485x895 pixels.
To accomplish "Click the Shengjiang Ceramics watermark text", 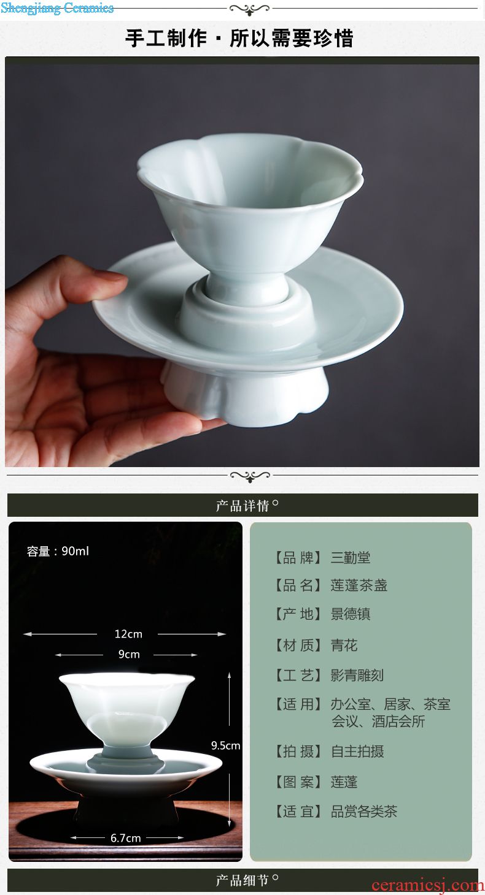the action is pos(57,8).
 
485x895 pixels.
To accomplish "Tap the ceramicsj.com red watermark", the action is pos(428,885).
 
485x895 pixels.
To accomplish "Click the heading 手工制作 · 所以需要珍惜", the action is pos(239,39).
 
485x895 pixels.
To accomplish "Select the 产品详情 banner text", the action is pos(242,506).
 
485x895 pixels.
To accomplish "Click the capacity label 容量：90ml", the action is pos(58,551).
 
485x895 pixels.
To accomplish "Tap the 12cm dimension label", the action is pos(128,634).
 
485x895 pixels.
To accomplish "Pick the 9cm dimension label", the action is pos(129,654).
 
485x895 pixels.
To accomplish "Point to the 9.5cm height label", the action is pos(225,745).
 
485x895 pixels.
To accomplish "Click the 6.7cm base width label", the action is pos(126,838).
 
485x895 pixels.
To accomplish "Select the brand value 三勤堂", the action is pos(351,557).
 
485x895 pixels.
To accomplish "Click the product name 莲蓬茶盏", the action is pos(359,585).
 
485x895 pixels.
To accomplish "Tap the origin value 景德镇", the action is pos(351,614).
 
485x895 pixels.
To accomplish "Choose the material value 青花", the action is pos(344,645).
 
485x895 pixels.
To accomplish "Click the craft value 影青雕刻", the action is pos(357,676).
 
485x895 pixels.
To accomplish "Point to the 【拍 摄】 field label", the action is pos(298,751).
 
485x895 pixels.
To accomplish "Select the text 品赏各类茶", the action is pos(363,811).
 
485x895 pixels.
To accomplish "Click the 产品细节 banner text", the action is pos(242,880).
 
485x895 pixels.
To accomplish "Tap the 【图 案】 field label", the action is pos(298,782).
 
